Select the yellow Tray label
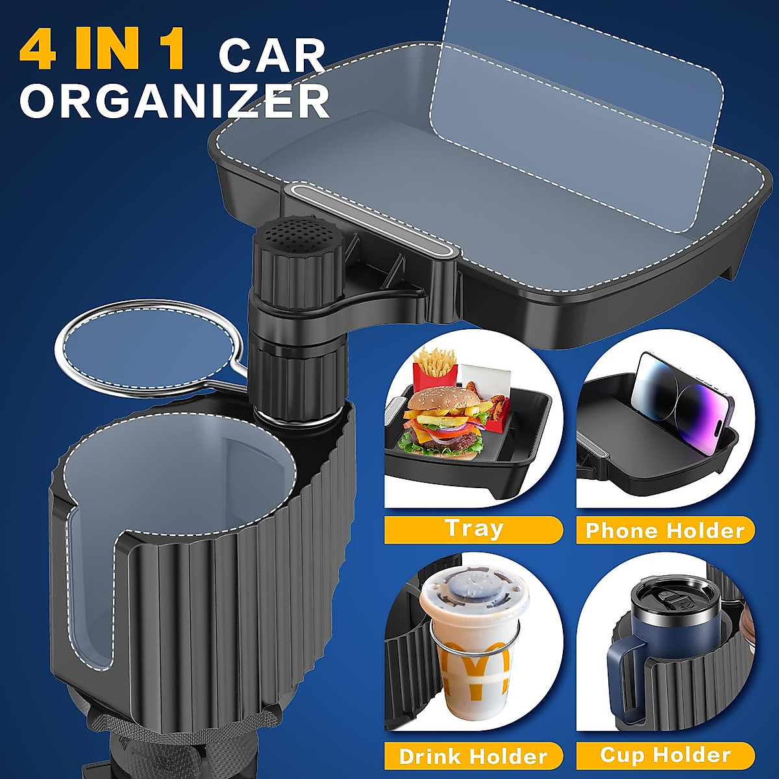click(x=473, y=529)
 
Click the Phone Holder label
click(x=665, y=530)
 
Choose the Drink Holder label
click(x=473, y=756)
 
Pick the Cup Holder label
click(x=665, y=755)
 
